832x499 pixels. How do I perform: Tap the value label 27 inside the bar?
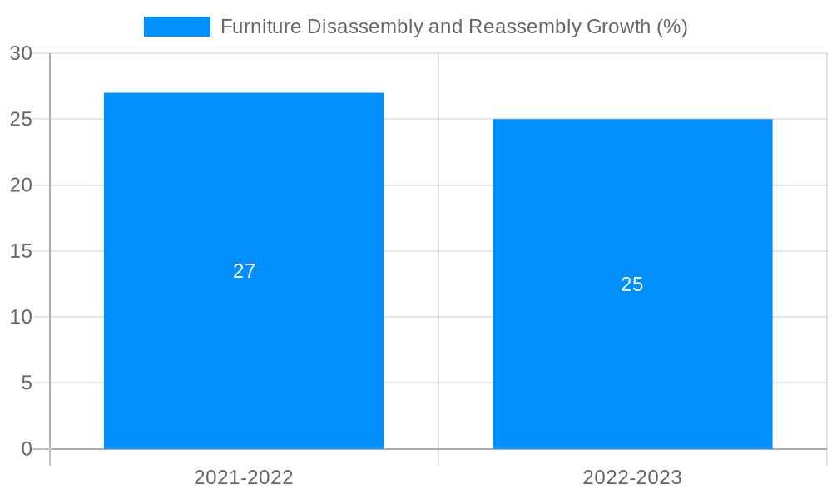[244, 271]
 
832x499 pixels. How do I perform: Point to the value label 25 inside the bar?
[632, 284]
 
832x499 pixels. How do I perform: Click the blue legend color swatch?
[177, 27]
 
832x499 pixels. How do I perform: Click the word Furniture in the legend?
[260, 27]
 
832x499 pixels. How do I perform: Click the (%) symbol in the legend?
[672, 27]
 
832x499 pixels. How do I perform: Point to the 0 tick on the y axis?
[26, 449]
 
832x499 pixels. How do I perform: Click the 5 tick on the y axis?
[26, 383]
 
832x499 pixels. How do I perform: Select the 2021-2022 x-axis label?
[244, 477]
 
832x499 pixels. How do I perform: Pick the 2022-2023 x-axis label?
[632, 477]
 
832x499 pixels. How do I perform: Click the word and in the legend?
[445, 27]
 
